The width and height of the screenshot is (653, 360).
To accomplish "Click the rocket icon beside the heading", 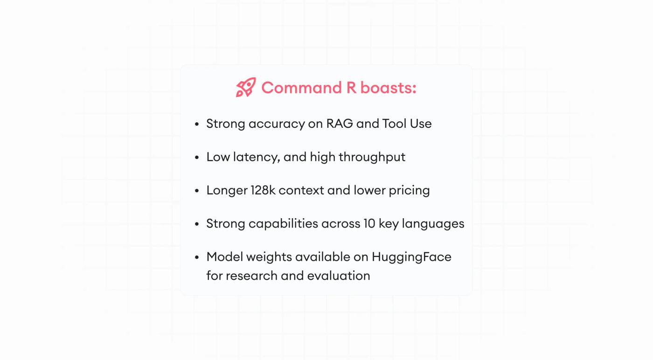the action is coord(246,87).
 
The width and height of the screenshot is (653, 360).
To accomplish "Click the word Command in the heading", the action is coord(301,88).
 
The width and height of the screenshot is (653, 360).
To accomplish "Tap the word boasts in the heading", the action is coord(386,88).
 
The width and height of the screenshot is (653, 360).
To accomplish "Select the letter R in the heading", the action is coord(351,88).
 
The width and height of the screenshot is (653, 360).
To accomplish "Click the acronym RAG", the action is coord(340,124).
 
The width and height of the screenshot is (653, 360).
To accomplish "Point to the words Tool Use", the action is coord(407,124).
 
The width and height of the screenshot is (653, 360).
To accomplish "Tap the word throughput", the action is coord(372,158).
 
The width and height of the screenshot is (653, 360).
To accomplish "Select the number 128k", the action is coord(263,190).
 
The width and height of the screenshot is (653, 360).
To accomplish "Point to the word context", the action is coord(301,191).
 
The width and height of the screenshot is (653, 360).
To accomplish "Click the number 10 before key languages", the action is coord(369,223).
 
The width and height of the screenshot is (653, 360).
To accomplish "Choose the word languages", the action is coord(433,224).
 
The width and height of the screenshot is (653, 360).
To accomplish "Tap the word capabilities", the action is coord(284,224).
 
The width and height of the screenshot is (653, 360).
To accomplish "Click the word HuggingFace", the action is coord(411,257).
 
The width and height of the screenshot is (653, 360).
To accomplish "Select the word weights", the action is coord(269,257).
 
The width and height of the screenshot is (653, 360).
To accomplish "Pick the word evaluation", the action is coord(339,276).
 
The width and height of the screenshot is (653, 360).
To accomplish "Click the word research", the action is coord(251,276).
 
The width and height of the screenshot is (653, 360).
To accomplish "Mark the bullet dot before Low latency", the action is coord(197,158).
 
